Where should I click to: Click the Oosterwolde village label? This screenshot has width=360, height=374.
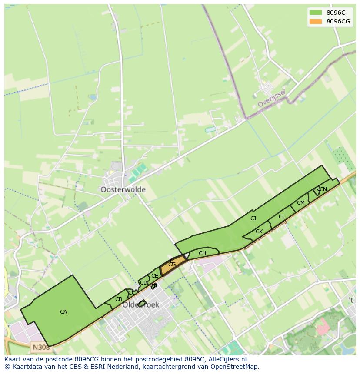(123, 190)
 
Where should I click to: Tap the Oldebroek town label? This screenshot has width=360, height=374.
(141, 305)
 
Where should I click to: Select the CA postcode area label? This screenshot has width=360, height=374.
(63, 312)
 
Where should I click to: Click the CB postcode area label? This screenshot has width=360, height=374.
(119, 299)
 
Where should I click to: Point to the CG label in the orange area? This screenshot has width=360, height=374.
(172, 265)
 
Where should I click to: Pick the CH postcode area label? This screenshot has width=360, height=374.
(202, 253)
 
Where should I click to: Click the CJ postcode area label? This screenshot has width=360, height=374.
(253, 218)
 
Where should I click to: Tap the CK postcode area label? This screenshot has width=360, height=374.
(259, 232)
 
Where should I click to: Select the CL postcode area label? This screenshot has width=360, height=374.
(282, 217)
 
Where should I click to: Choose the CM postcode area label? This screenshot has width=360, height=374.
(301, 203)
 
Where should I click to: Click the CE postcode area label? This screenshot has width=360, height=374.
(154, 276)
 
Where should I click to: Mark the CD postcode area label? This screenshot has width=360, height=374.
(143, 283)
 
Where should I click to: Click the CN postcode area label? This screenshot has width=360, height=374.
(323, 189)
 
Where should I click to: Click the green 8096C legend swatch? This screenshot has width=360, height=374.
(315, 13)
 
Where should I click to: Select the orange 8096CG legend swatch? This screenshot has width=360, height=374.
(315, 21)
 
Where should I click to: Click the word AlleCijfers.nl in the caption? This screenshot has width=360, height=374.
(227, 359)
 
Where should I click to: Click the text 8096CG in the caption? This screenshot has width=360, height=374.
(88, 359)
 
